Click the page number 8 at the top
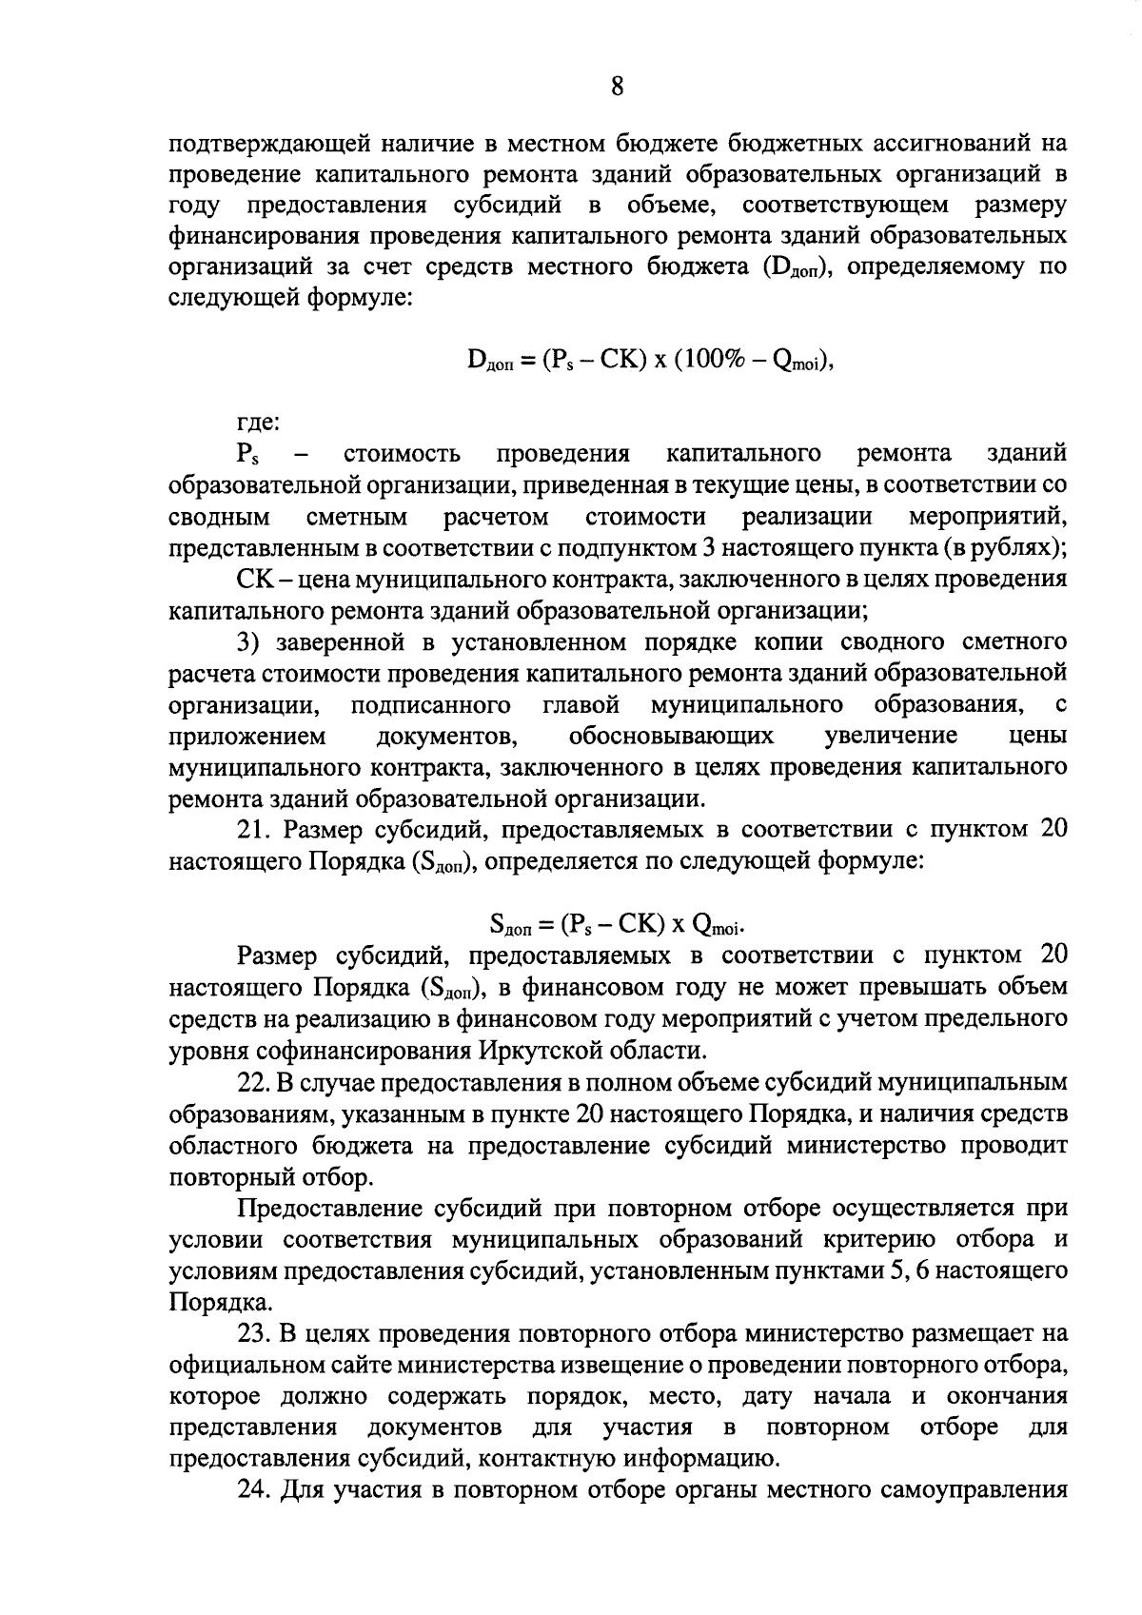coord(617,88)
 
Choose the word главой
coord(581,706)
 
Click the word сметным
coord(357,518)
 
